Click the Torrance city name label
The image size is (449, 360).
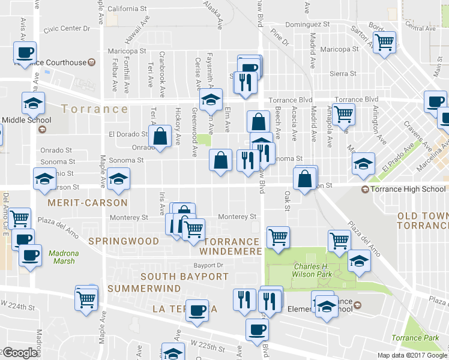(95, 109)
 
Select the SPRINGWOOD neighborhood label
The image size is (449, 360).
(124, 241)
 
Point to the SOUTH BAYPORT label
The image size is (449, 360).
(185, 277)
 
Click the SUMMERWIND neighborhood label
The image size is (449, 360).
(144, 289)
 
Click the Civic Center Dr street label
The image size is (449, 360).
(66, 28)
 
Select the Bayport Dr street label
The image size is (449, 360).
(208, 265)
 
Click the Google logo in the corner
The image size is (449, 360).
(20, 353)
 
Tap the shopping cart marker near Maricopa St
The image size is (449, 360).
(384, 43)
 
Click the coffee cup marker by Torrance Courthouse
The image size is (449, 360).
(25, 53)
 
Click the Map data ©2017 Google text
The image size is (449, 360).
(412, 355)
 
